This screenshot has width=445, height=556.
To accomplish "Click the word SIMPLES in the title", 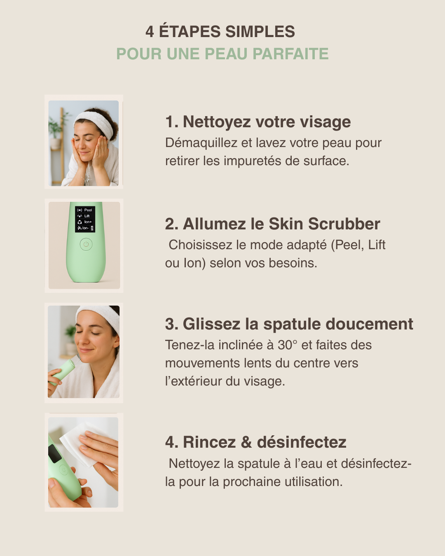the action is click(260, 32).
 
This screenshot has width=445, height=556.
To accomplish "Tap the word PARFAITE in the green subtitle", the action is click(290, 54).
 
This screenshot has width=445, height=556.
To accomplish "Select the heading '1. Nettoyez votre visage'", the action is click(258, 122).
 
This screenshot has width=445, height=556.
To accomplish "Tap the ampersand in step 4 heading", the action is click(246, 442).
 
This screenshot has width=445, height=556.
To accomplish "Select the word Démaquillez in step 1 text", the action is click(201, 143).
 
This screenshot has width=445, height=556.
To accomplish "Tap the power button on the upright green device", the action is click(86, 244).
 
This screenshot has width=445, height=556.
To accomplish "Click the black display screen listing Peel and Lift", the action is click(85, 219).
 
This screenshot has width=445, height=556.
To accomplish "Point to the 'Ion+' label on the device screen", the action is click(88, 222).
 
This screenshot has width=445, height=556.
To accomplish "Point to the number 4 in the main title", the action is click(150, 32).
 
